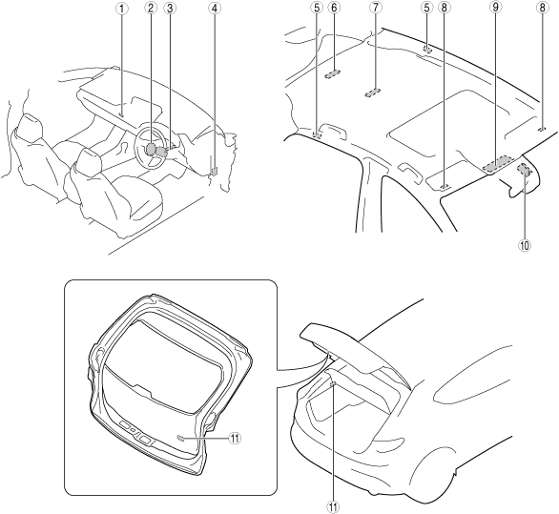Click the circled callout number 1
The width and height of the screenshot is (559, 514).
tap(121, 9)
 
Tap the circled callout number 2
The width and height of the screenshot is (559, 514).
tap(151, 9)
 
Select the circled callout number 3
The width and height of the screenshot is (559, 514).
tap(170, 9)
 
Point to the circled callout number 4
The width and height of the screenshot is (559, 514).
tap(214, 9)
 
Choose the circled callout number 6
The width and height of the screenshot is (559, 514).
tap(334, 9)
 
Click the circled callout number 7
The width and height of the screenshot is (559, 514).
tap(375, 9)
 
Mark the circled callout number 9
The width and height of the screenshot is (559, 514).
tap(495, 9)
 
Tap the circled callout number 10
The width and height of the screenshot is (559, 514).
tap(525, 245)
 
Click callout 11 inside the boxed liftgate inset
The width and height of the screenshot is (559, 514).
tap(235, 438)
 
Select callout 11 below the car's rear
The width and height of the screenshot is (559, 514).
tap(333, 506)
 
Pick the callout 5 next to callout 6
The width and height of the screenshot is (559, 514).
tap(318, 9)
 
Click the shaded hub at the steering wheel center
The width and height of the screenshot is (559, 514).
tap(151, 149)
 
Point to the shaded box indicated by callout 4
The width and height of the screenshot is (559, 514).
tap(214, 172)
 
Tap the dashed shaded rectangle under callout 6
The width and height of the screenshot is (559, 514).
tap(333, 73)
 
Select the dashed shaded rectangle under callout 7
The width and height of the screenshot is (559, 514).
tap(373, 93)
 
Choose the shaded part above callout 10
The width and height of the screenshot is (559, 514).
tap(525, 169)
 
